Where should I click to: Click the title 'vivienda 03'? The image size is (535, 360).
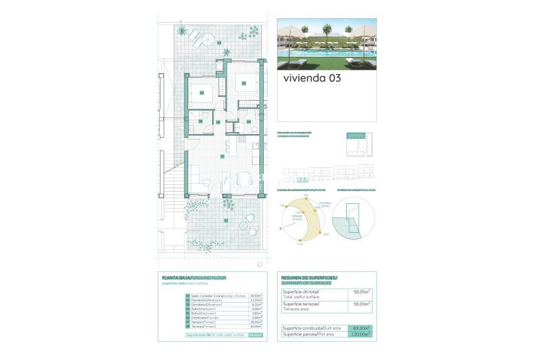click(x=312, y=79)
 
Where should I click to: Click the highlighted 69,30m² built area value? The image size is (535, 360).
click(x=361, y=328)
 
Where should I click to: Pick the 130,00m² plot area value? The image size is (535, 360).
click(x=361, y=334)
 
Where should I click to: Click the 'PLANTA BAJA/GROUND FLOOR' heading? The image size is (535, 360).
click(x=194, y=278)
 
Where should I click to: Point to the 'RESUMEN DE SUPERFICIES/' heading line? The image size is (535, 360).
click(x=309, y=278)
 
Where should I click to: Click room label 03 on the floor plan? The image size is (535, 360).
click(x=201, y=93)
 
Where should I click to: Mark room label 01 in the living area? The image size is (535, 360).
click(x=222, y=156)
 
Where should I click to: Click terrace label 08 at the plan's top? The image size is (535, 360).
click(x=220, y=42)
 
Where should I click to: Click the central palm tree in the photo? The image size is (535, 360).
click(x=327, y=35)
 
